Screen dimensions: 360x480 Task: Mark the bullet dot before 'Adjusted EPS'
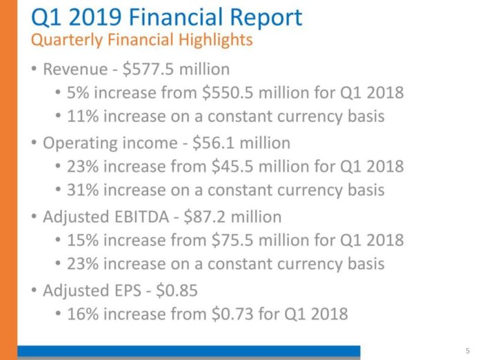click(33, 291)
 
